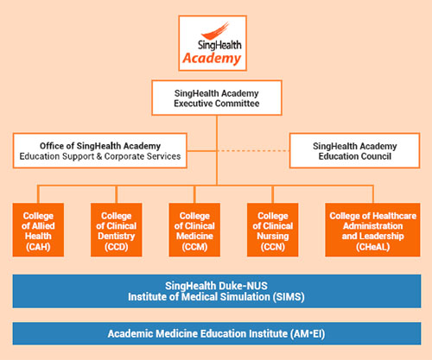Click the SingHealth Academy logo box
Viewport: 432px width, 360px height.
pyautogui.click(x=213, y=43)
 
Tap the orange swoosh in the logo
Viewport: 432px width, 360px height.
pyautogui.click(x=214, y=31)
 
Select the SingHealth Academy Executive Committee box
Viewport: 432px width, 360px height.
pyautogui.click(x=217, y=98)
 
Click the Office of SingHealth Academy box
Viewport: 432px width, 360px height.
pyautogui.click(x=100, y=150)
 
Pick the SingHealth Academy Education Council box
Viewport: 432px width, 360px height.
pyautogui.click(x=354, y=150)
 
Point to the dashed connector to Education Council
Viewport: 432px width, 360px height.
pyautogui.click(x=253, y=150)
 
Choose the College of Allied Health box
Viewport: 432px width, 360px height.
pyautogui.click(x=38, y=230)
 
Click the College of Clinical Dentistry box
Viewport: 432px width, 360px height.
pyautogui.click(x=117, y=230)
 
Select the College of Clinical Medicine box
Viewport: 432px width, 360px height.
pyautogui.click(x=194, y=230)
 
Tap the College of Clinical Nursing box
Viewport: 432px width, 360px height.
pyautogui.click(x=273, y=230)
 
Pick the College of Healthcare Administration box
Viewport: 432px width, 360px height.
pyautogui.click(x=372, y=230)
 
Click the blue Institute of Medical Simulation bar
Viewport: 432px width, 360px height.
pyautogui.click(x=217, y=291)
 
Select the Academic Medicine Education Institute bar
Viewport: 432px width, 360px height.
pyautogui.click(x=217, y=333)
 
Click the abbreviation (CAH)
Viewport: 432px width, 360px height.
pyautogui.click(x=38, y=247)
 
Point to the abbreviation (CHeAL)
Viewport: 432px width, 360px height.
pyautogui.click(x=372, y=247)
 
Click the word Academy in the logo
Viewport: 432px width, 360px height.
pyautogui.click(x=212, y=59)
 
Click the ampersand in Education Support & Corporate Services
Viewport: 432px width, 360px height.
pyautogui.click(x=99, y=156)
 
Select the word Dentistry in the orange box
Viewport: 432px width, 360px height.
pyautogui.click(x=117, y=237)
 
